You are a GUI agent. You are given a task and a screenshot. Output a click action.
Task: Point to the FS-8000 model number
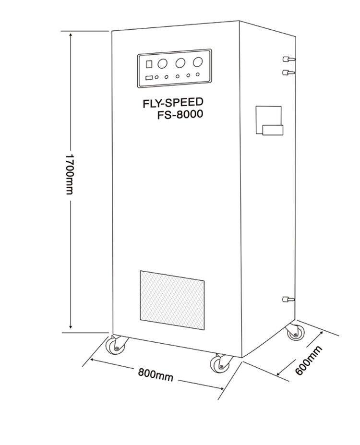[180, 115]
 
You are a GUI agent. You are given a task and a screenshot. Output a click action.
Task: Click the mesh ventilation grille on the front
[172, 300]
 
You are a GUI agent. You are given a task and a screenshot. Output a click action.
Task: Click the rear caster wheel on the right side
[294, 332]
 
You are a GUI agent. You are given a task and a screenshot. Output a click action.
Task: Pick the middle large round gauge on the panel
[180, 62]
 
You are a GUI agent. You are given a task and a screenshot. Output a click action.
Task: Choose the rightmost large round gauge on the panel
[197, 62]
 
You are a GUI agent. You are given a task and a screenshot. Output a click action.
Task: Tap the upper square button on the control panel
[148, 64]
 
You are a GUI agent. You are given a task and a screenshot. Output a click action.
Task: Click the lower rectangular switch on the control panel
[148, 78]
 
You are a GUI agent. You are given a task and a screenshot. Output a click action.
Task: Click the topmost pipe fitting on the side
[288, 59]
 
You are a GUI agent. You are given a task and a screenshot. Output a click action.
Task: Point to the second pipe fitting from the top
[288, 72]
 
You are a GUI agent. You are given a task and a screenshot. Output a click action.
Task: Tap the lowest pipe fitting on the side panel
[288, 299]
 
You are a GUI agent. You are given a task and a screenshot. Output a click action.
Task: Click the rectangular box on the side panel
[269, 121]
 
